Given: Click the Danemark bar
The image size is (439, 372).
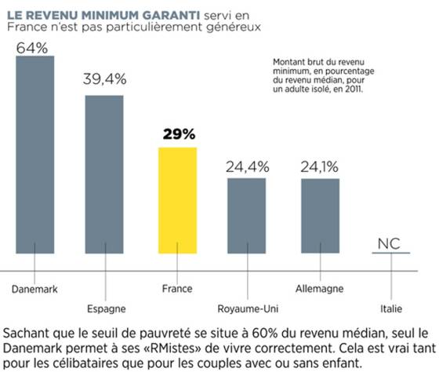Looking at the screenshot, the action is (35, 155).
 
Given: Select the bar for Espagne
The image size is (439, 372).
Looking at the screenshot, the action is (104, 174).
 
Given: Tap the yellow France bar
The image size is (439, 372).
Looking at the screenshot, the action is (177, 200).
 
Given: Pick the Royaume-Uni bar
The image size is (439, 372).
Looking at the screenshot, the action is (246, 216).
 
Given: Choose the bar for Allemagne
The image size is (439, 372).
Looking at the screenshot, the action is (321, 216).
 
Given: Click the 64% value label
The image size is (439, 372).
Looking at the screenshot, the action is (32, 48).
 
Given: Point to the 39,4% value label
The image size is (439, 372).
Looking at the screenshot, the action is (105, 79).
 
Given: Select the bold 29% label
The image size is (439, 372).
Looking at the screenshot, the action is (179, 134).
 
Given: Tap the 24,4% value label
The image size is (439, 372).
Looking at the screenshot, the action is (248, 167).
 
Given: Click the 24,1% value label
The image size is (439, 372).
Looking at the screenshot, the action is (320, 167).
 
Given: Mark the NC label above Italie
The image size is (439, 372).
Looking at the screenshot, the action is (389, 244).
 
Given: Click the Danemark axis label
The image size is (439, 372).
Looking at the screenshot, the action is (34, 289).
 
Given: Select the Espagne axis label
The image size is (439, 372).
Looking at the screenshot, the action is (107, 309).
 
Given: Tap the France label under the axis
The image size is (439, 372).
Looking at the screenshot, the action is (177, 289).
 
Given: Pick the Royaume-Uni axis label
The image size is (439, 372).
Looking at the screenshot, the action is (248, 309).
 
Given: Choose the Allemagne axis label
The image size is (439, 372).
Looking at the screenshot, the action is (320, 289).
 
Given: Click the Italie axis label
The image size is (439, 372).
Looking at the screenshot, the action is (391, 309).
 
